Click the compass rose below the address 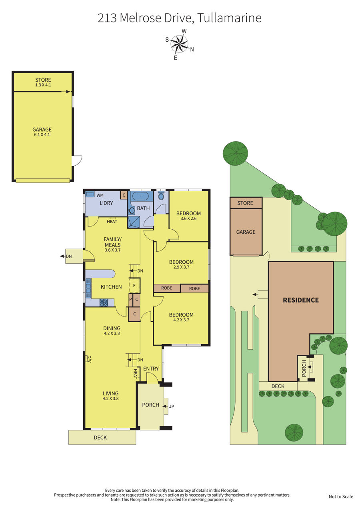[179, 44]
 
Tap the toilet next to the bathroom [161, 195]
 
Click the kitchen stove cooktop [104, 303]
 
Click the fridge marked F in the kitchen [134, 285]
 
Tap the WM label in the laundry [100, 195]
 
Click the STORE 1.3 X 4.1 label [43, 82]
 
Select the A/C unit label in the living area [90, 359]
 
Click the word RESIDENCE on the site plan [301, 300]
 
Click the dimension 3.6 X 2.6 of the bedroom [188, 218]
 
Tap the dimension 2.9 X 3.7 [181, 267]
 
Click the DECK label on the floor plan [100, 438]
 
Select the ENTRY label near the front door [151, 369]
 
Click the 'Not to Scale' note [341, 497]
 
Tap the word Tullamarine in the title [229, 18]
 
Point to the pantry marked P [130, 299]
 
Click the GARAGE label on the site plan [246, 232]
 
